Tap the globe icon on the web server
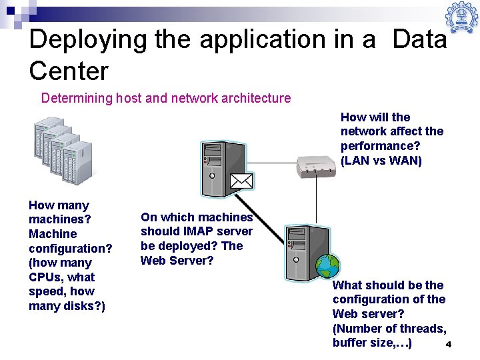click(x=327, y=266)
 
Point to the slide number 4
click(x=449, y=345)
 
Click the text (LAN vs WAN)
click(x=381, y=161)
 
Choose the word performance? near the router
click(x=381, y=146)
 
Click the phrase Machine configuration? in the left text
click(x=69, y=241)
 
